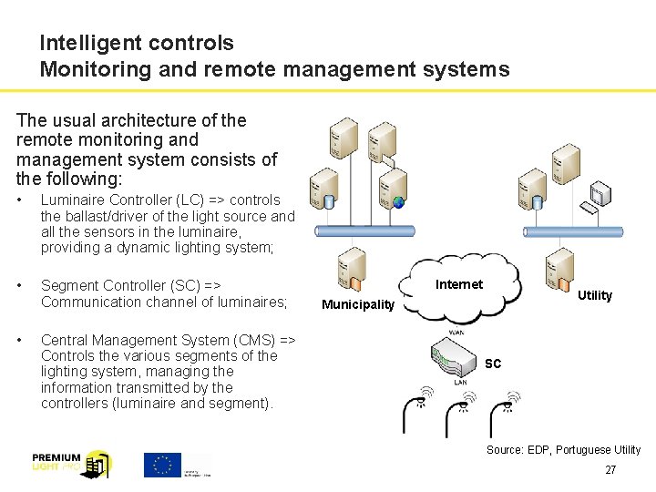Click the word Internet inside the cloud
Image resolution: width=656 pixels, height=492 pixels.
(x=459, y=284)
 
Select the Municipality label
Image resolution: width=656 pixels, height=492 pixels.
(x=358, y=304)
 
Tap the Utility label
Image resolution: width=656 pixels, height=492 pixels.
(x=595, y=295)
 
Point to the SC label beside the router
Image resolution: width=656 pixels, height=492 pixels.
(x=493, y=364)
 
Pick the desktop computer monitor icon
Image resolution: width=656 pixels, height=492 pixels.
(x=600, y=194)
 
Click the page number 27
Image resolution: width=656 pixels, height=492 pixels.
(x=610, y=470)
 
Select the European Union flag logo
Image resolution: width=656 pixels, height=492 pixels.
(x=163, y=464)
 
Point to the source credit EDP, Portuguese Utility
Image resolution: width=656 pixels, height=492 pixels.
(x=563, y=450)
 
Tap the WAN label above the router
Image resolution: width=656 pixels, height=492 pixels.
(x=456, y=333)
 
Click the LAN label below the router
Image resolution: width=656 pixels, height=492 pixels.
(x=462, y=383)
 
